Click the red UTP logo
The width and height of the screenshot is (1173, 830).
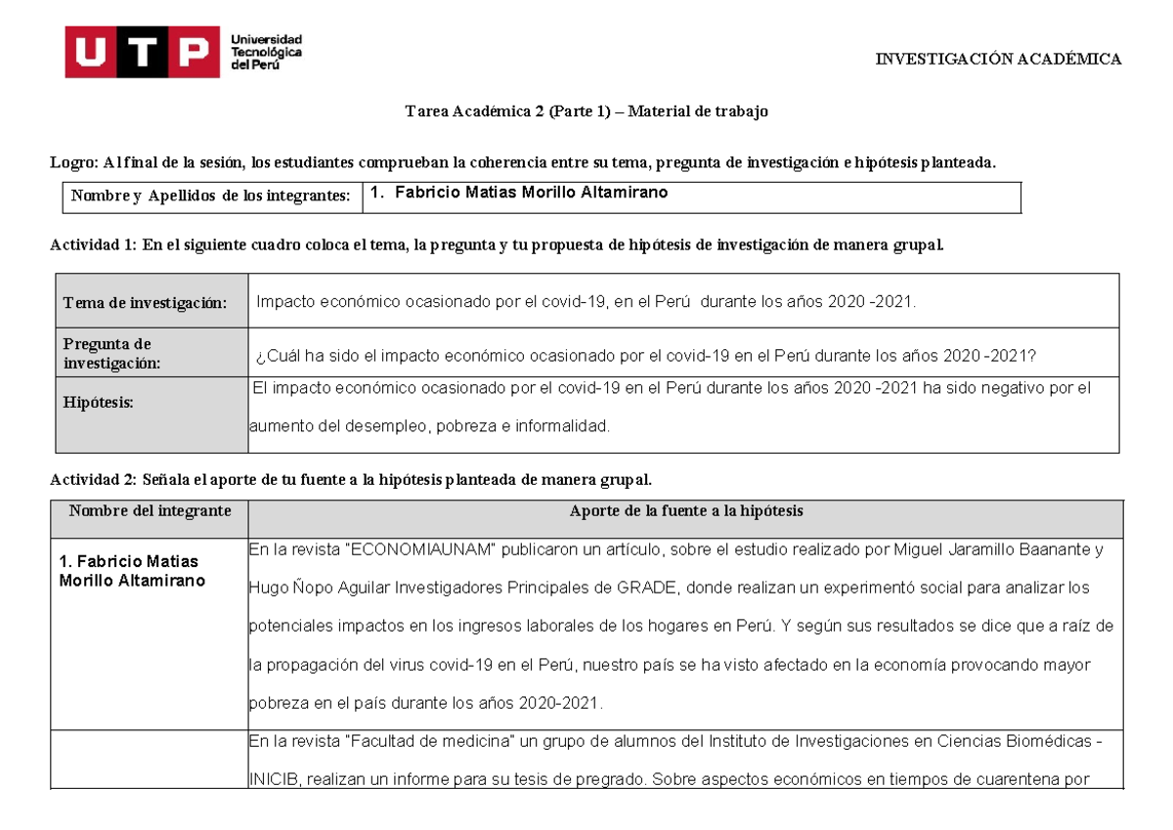pyautogui.click(x=142, y=52)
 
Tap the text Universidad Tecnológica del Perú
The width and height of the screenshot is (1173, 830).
pyautogui.click(x=266, y=52)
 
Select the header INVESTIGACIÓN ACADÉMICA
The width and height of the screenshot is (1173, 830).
pyautogui.click(x=998, y=60)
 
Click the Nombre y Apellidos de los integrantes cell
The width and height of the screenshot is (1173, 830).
pyautogui.click(x=210, y=197)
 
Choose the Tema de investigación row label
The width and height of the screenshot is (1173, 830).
pyautogui.click(x=145, y=303)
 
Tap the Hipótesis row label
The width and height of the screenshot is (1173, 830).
pyautogui.click(x=99, y=402)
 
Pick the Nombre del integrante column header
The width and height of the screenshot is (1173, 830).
pyautogui.click(x=151, y=510)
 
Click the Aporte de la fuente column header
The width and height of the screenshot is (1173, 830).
pyautogui.click(x=686, y=510)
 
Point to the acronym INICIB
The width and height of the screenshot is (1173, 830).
pyautogui.click(x=275, y=780)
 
